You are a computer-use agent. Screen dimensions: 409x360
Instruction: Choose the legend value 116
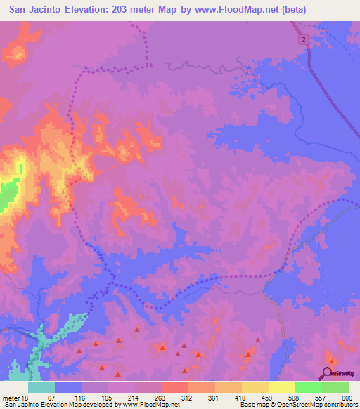tap(82, 398)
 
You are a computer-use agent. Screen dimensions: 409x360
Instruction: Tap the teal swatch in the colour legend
tap(41, 387)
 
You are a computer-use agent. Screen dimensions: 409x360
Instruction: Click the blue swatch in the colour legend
tap(68, 387)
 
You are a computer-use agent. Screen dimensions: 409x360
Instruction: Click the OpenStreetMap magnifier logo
tap(328, 373)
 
